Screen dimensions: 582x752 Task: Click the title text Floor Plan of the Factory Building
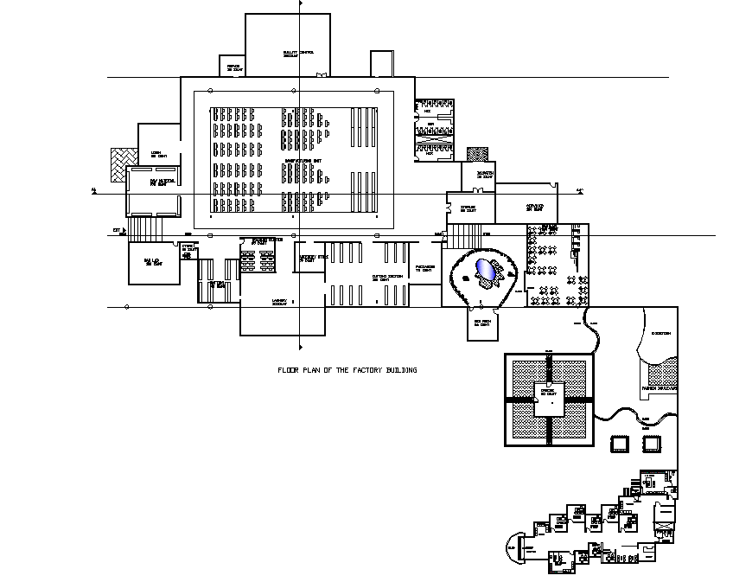click(x=347, y=370)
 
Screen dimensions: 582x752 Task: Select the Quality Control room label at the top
click(x=298, y=54)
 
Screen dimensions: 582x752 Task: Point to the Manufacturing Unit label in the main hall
click(x=304, y=161)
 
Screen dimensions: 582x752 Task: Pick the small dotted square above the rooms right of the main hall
click(x=477, y=154)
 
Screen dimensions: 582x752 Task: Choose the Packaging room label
click(x=424, y=267)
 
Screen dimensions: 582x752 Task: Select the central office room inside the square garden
click(x=549, y=399)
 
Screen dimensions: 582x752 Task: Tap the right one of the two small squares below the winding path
click(x=652, y=444)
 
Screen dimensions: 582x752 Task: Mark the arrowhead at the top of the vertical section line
click(x=299, y=4)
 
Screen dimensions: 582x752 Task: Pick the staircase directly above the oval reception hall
click(x=464, y=234)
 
